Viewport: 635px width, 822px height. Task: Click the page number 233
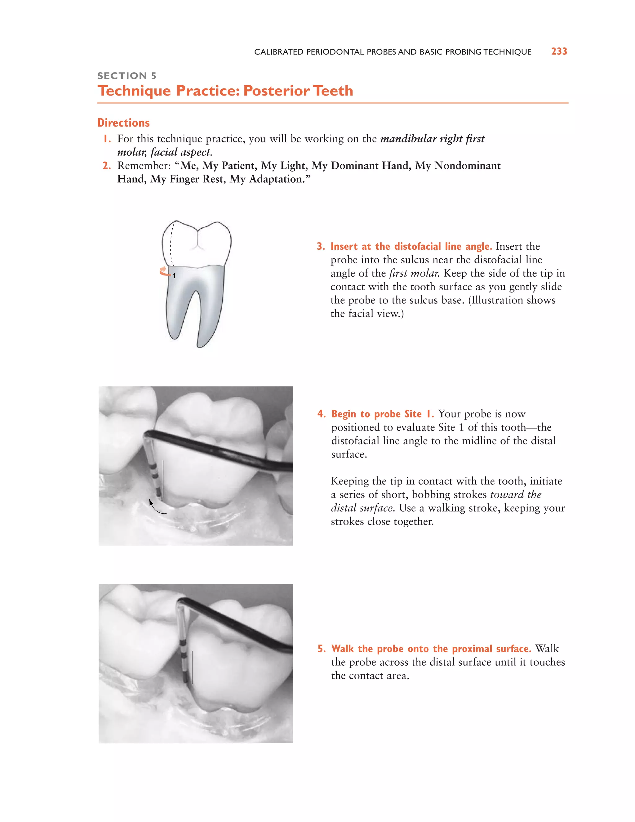pyautogui.click(x=559, y=51)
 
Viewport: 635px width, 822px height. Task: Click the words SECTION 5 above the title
pyautogui.click(x=127, y=76)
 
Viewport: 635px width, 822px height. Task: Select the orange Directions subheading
pyautogui.click(x=123, y=123)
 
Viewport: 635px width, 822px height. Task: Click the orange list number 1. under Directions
pyautogui.click(x=107, y=139)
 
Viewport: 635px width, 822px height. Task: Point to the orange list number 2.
pyautogui.click(x=107, y=166)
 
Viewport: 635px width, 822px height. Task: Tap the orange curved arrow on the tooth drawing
pyautogui.click(x=164, y=271)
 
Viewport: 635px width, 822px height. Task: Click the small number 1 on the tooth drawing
pyautogui.click(x=174, y=276)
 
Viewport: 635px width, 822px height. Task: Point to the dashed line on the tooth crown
pyautogui.click(x=171, y=245)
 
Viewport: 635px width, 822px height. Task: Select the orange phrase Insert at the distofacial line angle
pyautogui.click(x=411, y=247)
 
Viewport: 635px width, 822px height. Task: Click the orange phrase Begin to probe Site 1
pyautogui.click(x=382, y=414)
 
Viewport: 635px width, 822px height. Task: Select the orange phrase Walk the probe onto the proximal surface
pyautogui.click(x=431, y=649)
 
